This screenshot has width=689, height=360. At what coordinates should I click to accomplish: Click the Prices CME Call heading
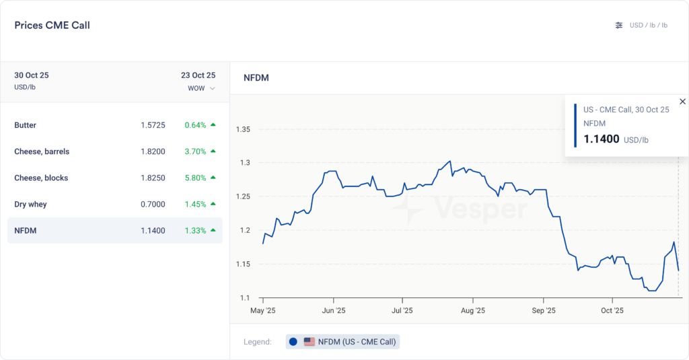[52, 26]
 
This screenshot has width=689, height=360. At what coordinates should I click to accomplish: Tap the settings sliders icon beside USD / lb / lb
[619, 26]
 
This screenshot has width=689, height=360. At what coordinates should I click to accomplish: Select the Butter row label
[26, 125]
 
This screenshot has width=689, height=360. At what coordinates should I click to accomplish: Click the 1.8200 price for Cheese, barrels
[153, 151]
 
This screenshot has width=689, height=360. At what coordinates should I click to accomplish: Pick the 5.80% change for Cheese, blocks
[195, 178]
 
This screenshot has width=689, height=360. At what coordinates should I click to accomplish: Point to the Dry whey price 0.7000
[153, 204]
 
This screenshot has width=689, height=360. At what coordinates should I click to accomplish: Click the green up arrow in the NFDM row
[213, 230]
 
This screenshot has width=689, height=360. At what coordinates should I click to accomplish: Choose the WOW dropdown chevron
[213, 88]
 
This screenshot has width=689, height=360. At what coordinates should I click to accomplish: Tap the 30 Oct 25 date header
[32, 75]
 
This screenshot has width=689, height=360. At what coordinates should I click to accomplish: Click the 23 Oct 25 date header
[198, 75]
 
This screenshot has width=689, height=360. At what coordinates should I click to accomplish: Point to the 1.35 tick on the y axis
[243, 129]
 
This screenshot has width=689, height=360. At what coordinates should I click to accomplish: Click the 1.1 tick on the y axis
[245, 297]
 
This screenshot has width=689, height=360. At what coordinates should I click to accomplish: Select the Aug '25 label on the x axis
[473, 310]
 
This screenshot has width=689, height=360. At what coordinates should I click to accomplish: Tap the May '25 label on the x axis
[262, 310]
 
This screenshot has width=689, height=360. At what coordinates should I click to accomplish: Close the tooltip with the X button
[682, 102]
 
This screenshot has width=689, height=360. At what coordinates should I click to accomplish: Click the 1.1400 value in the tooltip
[601, 139]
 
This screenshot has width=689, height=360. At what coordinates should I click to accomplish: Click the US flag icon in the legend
[310, 342]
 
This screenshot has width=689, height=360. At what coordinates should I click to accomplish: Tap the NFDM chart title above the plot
[256, 78]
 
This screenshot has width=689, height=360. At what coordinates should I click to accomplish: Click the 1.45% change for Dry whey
[195, 204]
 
